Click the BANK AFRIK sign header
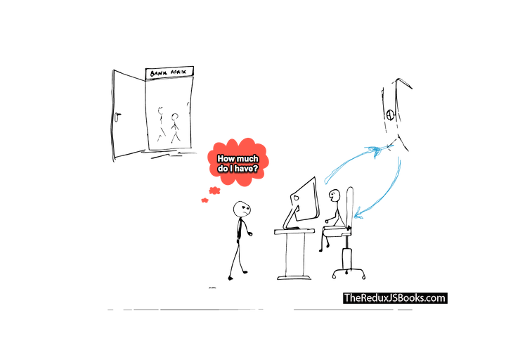click(169, 72)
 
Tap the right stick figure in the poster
click(175, 127)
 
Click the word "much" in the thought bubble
click(246, 159)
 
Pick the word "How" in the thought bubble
click(226, 159)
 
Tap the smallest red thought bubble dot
click(205, 200)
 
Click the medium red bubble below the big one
click(214, 190)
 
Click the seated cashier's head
click(335, 196)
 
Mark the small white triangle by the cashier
click(340, 221)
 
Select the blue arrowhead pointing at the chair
click(358, 209)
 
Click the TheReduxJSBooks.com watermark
click(394, 297)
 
